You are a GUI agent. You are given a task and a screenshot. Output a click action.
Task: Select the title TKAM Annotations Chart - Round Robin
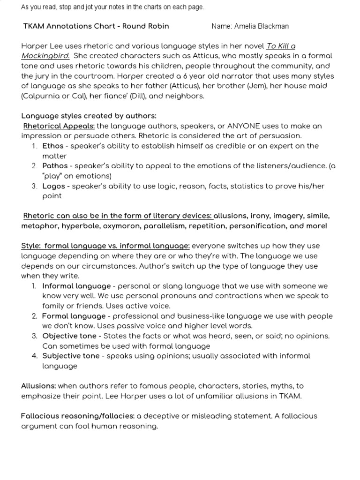coord(96,26)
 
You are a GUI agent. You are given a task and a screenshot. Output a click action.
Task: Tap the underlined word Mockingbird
coord(45,56)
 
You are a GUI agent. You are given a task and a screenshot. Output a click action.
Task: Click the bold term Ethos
coord(52,146)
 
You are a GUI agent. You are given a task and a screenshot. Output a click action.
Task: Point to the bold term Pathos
coord(55,166)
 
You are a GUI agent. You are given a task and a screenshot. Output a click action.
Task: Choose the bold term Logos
coord(53,186)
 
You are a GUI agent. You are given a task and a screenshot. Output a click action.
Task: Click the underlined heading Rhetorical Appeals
coord(59,126)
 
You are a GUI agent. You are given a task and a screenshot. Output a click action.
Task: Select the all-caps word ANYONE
coord(242,126)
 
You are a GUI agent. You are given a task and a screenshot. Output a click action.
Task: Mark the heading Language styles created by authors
coord(89,116)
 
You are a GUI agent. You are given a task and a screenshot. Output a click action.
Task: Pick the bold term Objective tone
coord(69,336)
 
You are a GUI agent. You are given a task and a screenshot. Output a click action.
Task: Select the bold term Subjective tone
coord(71,356)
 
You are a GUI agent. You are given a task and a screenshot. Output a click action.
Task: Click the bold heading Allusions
coord(38,386)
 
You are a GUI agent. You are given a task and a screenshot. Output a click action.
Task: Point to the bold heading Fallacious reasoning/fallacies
coord(78,416)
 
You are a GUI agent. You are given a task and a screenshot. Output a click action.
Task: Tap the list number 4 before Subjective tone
coord(35,356)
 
